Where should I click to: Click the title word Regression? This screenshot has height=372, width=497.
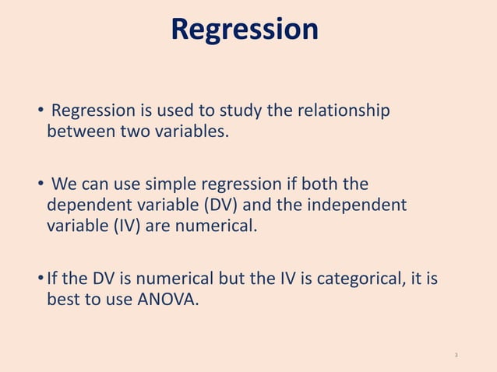click(x=245, y=30)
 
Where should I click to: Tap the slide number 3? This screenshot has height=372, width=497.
click(x=456, y=355)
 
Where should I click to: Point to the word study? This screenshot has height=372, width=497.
click(x=241, y=111)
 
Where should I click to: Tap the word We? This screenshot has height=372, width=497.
click(x=65, y=185)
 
